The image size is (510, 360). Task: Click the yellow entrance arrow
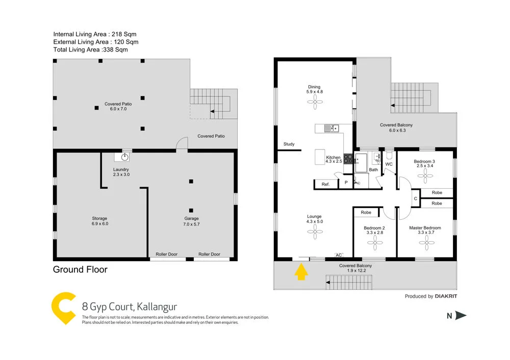(301, 272)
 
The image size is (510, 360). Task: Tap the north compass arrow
(461, 316)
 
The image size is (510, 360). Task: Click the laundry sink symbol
(124, 158)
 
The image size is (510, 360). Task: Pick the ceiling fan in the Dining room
(314, 102)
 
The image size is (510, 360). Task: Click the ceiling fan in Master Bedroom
(424, 239)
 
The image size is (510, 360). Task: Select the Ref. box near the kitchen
(325, 184)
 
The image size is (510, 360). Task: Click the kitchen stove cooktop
(349, 159)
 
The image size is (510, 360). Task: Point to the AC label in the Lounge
(339, 255)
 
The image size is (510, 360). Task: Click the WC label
(389, 164)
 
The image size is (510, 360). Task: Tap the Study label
(289, 144)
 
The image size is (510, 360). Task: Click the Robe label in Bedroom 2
(366, 212)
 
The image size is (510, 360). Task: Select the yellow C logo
(64, 308)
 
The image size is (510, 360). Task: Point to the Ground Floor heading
(80, 269)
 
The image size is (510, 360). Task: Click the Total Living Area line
(90, 50)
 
